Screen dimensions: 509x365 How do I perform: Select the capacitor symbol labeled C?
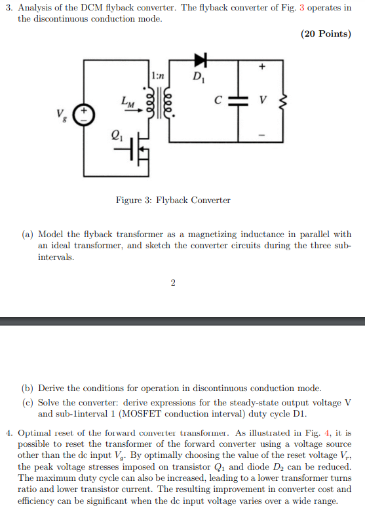click(x=239, y=101)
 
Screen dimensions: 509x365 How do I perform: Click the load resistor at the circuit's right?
click(x=284, y=102)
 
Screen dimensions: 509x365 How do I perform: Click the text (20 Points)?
click(x=326, y=33)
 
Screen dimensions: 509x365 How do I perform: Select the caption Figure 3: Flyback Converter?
click(x=173, y=200)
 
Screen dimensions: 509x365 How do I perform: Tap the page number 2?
click(x=173, y=283)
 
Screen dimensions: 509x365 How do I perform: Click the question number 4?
click(x=9, y=433)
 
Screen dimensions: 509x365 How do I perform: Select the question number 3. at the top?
click(x=9, y=8)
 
